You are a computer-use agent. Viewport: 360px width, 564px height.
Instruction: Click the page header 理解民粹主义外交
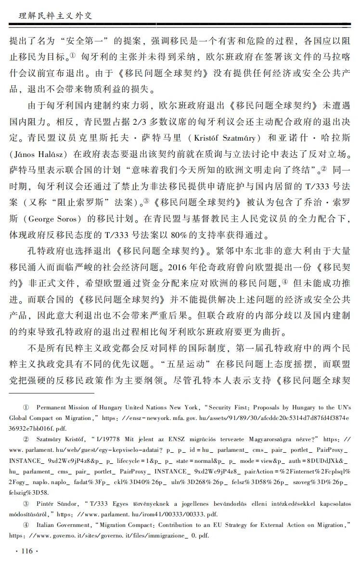click(51, 16)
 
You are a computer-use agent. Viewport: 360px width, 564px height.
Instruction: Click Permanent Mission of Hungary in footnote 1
click(79, 407)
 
